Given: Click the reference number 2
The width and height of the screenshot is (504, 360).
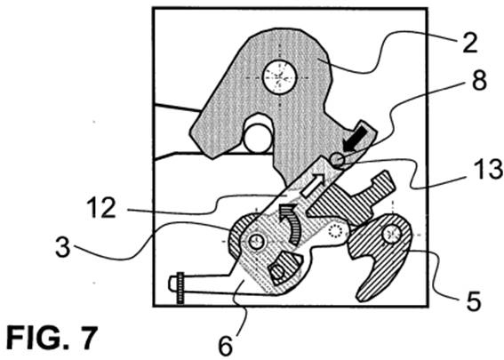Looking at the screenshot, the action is pos(470,44).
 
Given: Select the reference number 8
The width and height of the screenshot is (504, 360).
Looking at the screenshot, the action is pos(479,80).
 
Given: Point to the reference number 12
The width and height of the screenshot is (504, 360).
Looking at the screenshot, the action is pos(100,208).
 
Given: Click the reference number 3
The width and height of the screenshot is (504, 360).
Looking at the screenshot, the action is pos(62,246).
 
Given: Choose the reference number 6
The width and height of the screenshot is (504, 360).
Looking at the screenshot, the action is pos(225,346).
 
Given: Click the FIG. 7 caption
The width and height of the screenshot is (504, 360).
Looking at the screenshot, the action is pos(52,338).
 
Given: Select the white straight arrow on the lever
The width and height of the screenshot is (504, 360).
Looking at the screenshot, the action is pos(315,185).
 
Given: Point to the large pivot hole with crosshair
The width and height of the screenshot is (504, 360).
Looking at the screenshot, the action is pos(279,77).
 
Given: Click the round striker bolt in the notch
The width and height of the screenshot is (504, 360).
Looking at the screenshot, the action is pos(258,138).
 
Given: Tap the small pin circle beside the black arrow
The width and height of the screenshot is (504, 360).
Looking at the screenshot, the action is pos(338,159).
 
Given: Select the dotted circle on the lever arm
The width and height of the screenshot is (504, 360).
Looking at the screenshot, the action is pos(334,231).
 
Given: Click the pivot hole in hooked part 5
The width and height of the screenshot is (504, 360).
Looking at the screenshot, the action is pos(391,234).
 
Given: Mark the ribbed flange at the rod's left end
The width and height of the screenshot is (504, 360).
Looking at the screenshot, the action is pos(180,288).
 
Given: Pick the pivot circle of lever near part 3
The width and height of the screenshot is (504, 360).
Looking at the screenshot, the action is pos(256,242).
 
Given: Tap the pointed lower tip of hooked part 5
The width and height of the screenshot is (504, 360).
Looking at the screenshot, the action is pos(359,299).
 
